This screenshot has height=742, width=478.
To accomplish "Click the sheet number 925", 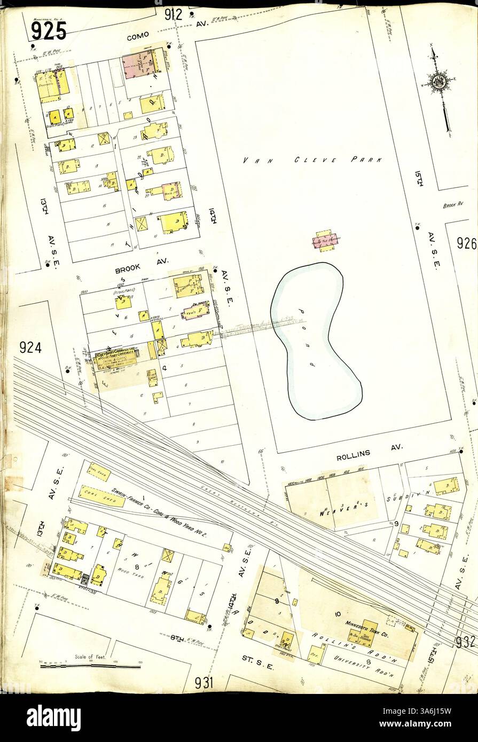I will [48, 31].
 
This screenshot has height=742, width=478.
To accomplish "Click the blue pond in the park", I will [315, 342].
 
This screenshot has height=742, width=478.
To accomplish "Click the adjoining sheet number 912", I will [174, 14].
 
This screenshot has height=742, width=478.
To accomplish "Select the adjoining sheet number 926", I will [466, 244].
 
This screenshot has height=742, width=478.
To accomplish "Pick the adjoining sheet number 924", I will [30, 348].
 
